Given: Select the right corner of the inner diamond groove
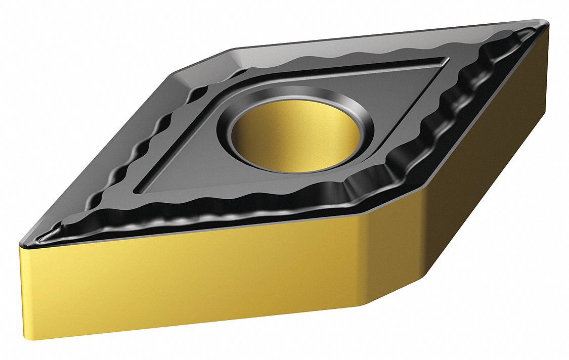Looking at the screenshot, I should (448, 60).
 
